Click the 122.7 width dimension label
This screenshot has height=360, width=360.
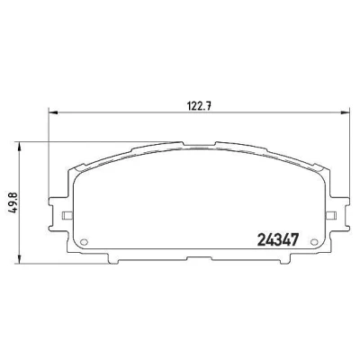tap(200, 106)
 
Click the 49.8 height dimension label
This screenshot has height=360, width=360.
tap(14, 202)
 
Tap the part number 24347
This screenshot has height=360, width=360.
tap(278, 240)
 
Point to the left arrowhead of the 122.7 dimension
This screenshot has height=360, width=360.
tap(53, 112)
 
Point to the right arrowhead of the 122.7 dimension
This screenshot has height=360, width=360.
tap(346, 112)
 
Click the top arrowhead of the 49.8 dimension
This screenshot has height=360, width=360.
tap(20, 146)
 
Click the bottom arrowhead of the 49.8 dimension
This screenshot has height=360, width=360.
tap(20, 259)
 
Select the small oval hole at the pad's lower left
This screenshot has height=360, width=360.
tap(85, 242)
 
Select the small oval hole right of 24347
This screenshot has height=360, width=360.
tap(314, 242)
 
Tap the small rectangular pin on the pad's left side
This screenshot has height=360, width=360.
tap(67, 215)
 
